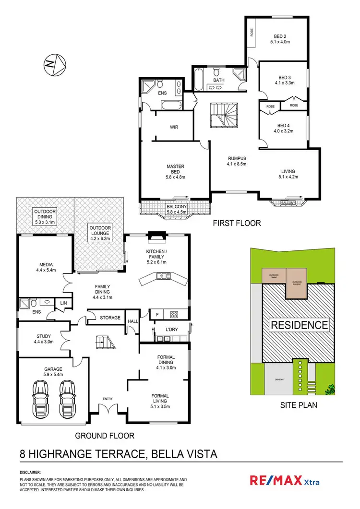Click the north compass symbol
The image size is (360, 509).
[54, 64]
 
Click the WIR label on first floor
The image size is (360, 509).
[174, 128]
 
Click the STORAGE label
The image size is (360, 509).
[109, 317]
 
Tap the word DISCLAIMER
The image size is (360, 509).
[30, 472]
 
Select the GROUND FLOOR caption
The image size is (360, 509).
[104, 436]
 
